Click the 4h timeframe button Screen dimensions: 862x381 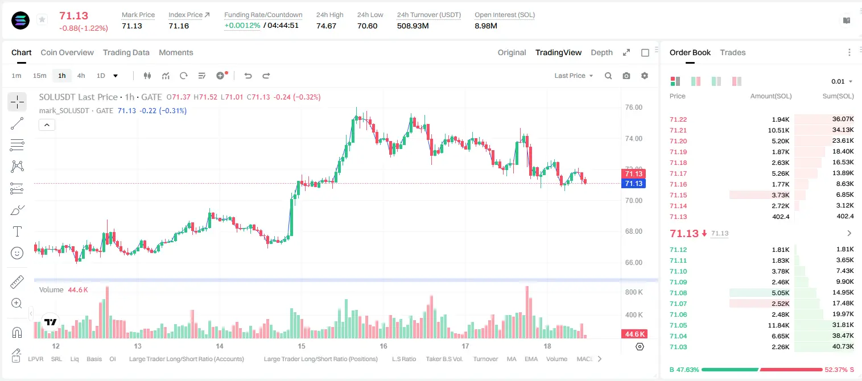pos(81,76)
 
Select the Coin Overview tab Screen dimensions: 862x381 pos(67,52)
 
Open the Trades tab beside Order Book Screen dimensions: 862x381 pos(732,52)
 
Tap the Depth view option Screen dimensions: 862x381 pos(601,52)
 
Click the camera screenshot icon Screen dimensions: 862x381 pos(626,76)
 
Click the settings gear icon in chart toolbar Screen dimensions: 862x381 pos(645,76)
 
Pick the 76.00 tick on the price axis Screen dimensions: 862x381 pos(633,107)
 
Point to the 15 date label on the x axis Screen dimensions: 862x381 pos(302,346)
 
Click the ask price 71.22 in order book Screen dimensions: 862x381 pos(678,119)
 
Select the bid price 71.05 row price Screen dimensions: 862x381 pos(678,325)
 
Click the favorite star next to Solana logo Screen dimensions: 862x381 pos(42,19)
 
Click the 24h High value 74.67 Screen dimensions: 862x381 pos(326,26)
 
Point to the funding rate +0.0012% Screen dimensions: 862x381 pos(242,26)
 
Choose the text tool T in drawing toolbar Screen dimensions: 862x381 pos(17,231)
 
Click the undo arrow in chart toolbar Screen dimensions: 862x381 pos(248,76)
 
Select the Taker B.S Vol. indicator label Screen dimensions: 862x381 pos(444,359)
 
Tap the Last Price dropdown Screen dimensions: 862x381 pos(574,76)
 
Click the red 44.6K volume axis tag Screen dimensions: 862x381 pos(634,334)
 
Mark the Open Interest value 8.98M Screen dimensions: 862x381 pos(486,26)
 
